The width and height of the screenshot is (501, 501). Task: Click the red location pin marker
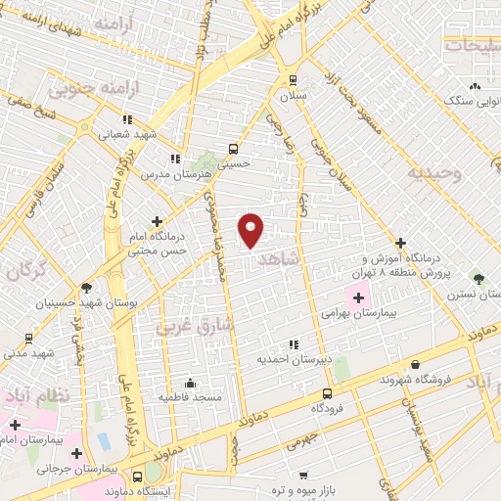[x=251, y=231]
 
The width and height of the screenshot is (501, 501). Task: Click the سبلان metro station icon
[x=292, y=81]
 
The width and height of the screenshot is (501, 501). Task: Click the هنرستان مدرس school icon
[x=174, y=158]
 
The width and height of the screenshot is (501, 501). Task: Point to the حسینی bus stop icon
[x=233, y=149]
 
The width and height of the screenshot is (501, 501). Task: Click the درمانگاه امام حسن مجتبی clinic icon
[x=158, y=222]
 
